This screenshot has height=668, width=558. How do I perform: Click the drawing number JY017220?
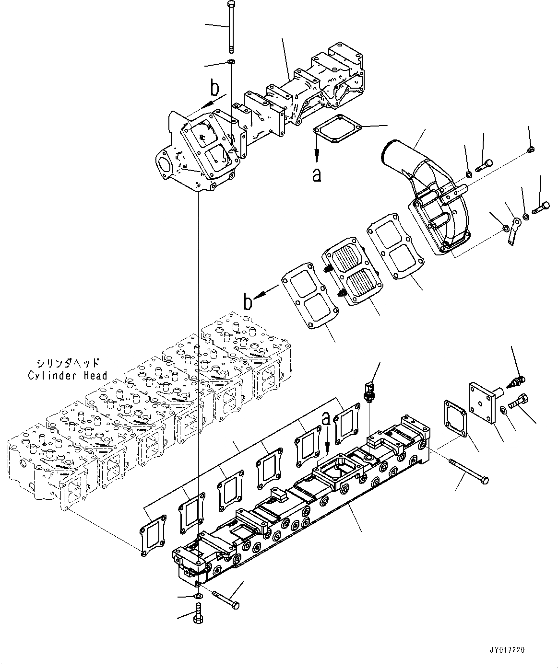(507, 650)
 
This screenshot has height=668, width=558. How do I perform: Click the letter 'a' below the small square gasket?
(317, 175)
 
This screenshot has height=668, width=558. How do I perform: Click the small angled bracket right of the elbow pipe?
(513, 230)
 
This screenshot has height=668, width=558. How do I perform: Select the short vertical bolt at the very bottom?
(197, 613)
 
